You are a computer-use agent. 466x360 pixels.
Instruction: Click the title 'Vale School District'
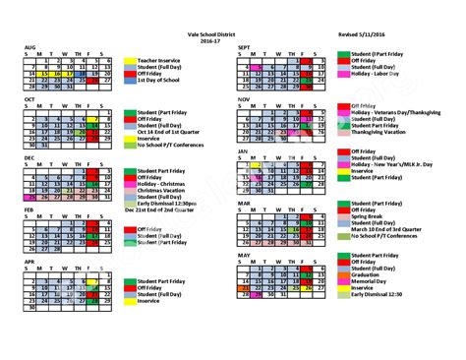pos(233,32)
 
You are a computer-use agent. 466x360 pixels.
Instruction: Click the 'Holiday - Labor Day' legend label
pos(372,73)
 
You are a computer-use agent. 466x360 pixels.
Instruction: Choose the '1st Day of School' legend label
pos(157,80)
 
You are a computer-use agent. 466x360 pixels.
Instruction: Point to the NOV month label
pos(246,98)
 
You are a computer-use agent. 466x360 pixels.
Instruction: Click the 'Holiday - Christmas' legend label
pos(163,184)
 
